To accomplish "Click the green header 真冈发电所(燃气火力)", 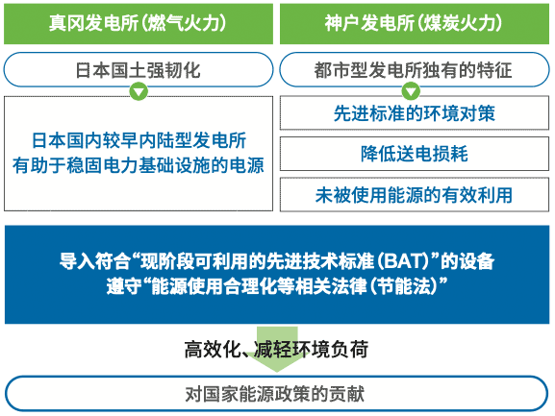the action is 139,24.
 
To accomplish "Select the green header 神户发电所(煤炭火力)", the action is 415,24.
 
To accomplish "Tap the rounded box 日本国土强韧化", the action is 139,69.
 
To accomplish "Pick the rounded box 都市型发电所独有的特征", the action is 415,69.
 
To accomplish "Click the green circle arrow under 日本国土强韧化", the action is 139,91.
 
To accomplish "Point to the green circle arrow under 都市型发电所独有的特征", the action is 411,91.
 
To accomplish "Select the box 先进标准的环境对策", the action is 415,113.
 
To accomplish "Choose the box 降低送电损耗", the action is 415,154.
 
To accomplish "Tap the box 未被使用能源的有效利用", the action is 415,195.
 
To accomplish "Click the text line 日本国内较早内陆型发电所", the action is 139,140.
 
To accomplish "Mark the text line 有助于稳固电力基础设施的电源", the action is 139,165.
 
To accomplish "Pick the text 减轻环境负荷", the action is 311,350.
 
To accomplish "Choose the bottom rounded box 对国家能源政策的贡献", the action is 277,394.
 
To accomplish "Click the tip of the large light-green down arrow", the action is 277,372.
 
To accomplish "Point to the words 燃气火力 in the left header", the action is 184,24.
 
